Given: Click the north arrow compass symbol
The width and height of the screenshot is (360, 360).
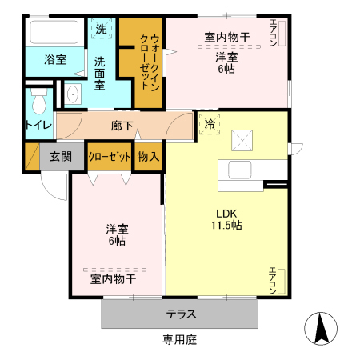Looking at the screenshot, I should (x=320, y=327).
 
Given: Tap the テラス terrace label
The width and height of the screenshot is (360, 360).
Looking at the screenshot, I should (x=181, y=314).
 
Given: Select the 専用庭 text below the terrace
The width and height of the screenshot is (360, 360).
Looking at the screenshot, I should (x=180, y=339).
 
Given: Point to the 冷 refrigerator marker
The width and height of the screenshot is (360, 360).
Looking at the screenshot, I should (x=210, y=124).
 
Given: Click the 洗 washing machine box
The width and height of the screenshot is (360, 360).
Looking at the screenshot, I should (x=101, y=29).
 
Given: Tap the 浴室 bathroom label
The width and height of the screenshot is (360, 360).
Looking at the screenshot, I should (x=33, y=60).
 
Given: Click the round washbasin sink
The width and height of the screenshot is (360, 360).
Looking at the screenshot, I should (x=72, y=94).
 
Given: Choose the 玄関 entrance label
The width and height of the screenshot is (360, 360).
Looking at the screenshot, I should (x=55, y=156).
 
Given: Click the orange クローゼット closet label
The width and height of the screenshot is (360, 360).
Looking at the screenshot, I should (x=110, y=156).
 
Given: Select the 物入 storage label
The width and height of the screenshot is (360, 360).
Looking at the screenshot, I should (x=147, y=156).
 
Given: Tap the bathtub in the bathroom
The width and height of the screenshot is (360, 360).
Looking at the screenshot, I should (x=54, y=33).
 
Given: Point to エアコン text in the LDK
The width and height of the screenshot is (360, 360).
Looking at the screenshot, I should (x=272, y=281).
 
